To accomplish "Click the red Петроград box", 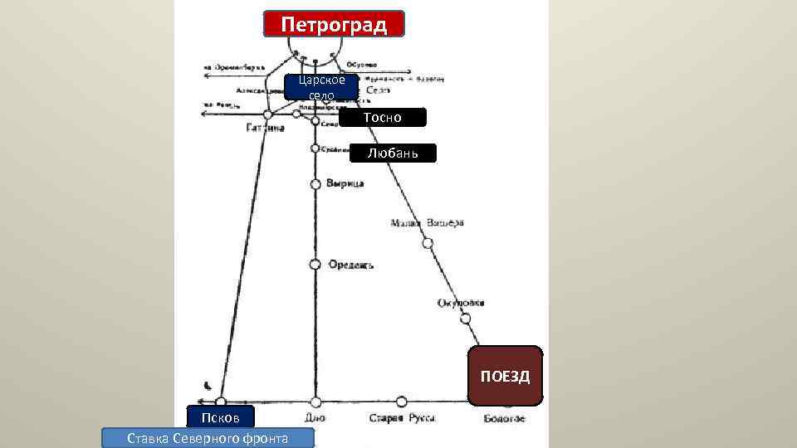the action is [334, 24].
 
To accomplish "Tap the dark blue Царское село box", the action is [321, 87].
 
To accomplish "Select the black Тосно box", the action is [382, 118].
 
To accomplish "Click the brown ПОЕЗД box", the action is [505, 376].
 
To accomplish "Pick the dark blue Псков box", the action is [220, 416].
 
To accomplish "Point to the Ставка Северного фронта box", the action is [208, 438].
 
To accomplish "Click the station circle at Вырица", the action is [315, 184].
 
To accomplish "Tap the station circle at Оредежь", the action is [315, 265].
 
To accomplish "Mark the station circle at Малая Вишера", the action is [428, 243].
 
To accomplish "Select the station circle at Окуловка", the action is [466, 318].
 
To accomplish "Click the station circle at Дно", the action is [315, 402].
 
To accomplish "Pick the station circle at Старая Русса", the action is [402, 402].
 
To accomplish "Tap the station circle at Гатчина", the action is [267, 115].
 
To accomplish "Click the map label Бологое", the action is [505, 419].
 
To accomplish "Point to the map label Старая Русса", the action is [403, 419].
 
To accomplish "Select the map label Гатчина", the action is [265, 129].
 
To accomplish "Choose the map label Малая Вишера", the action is [428, 223].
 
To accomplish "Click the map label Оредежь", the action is [350, 265].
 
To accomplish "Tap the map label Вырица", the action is [345, 184].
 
